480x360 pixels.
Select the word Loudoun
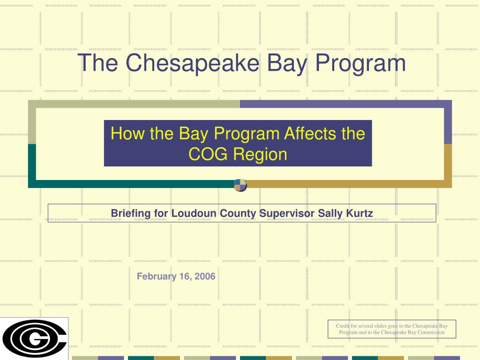tap(193, 213)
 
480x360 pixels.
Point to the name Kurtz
tap(360, 213)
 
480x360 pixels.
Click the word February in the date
tap(155, 276)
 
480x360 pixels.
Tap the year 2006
tap(205, 276)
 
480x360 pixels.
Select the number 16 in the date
tap(184, 276)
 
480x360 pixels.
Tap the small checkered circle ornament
tap(240, 185)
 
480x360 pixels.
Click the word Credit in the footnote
tap(343, 326)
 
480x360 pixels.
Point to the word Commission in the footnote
tap(427, 332)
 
